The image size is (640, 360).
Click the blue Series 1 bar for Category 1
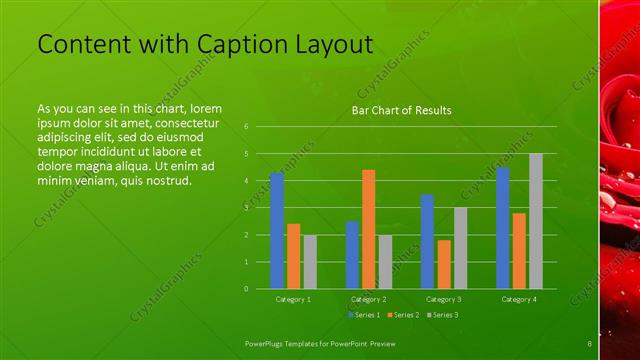click(x=277, y=231)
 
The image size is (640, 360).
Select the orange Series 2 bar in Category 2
click(x=369, y=229)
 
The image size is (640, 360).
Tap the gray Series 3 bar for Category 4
click(x=536, y=221)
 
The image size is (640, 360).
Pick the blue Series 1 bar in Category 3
click(x=427, y=241)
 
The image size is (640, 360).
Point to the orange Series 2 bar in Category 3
click(x=444, y=264)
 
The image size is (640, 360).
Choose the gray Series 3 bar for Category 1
click(x=310, y=262)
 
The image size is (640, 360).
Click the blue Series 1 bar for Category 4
click(x=502, y=228)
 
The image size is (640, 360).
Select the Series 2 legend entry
click(x=403, y=315)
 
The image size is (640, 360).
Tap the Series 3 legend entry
click(x=442, y=315)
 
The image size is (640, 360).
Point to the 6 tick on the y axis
click(x=246, y=127)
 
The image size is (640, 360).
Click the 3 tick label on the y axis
click(x=246, y=208)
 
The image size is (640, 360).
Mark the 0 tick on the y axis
click(x=246, y=289)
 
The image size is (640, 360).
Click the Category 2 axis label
click(x=369, y=299)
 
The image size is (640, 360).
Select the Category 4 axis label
click(x=519, y=299)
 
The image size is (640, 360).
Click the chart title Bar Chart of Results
click(x=401, y=110)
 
